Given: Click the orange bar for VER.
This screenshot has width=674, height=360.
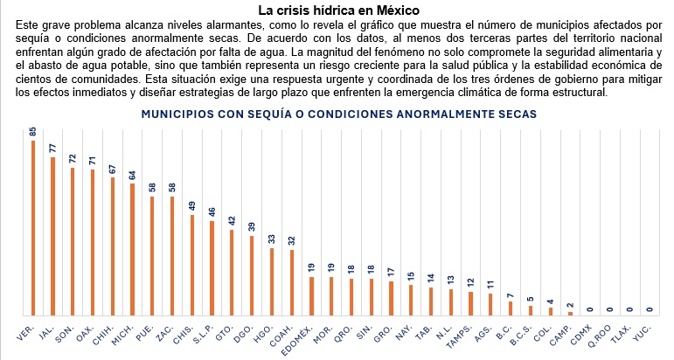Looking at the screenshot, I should (x=33, y=227).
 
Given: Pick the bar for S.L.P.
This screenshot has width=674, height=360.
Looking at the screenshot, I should (x=212, y=267).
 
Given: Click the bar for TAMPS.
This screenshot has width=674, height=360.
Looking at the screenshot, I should (x=470, y=303).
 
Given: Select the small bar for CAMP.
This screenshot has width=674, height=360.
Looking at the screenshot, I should (x=570, y=313).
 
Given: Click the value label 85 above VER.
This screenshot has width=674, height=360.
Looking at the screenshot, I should (x=33, y=131).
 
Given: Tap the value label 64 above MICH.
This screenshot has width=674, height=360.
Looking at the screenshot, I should (x=133, y=174).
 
